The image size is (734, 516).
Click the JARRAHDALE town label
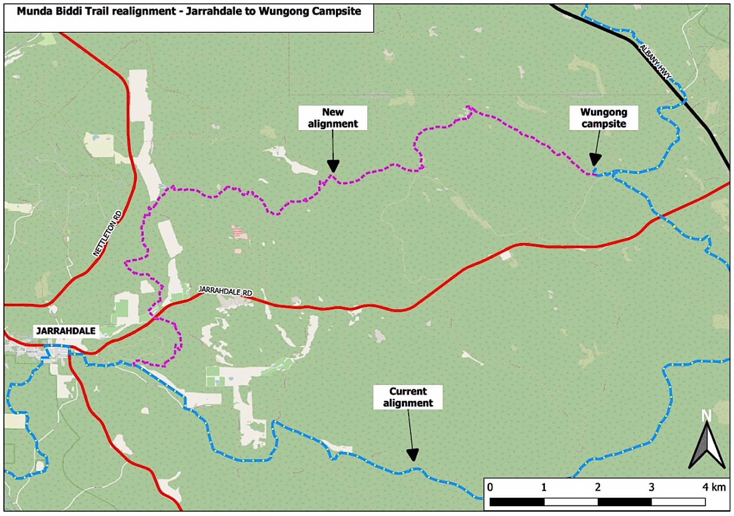click(x=66, y=331)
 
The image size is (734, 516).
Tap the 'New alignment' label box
click(x=333, y=118)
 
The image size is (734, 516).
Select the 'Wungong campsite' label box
click(x=603, y=118)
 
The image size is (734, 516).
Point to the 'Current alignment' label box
click(x=408, y=397)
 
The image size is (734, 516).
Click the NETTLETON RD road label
click(x=107, y=233)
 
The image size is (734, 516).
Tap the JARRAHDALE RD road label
click(x=225, y=291)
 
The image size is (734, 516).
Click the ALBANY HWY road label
click(x=655, y=62)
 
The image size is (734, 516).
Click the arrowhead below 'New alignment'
click(x=333, y=166)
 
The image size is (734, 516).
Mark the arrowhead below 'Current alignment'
click(x=413, y=454)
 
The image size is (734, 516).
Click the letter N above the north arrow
click(x=706, y=416)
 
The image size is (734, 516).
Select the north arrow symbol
click(x=707, y=446)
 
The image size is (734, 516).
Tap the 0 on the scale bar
click(x=490, y=487)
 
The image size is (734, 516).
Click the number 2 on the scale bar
click(x=598, y=487)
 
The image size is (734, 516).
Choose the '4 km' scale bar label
click(x=714, y=487)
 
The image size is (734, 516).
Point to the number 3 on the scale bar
click(x=652, y=487)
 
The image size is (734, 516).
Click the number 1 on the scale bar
click(x=544, y=487)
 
